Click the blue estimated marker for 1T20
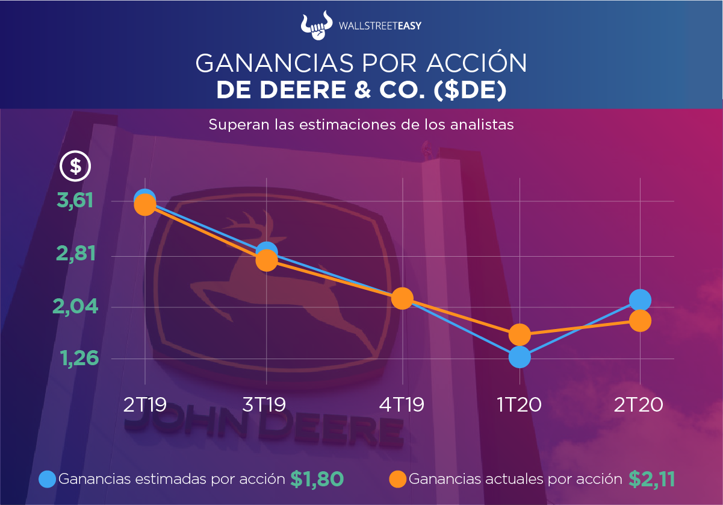[x=520, y=357]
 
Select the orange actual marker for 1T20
[x=520, y=334]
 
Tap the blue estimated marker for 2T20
[x=640, y=300]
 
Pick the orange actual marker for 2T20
[x=640, y=320]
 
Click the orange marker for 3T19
[x=266, y=260]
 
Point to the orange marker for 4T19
[x=402, y=298]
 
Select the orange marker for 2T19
[x=144, y=205]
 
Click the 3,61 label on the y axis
[x=75, y=201]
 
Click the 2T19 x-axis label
[x=144, y=404]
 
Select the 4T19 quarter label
[x=402, y=404]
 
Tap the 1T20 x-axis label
[x=520, y=404]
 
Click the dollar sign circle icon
[x=76, y=166]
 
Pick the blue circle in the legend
[x=48, y=479]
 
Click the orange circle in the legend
[x=398, y=479]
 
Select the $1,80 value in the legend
[x=317, y=478]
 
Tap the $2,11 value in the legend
[x=652, y=478]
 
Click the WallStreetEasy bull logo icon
[x=317, y=25]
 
